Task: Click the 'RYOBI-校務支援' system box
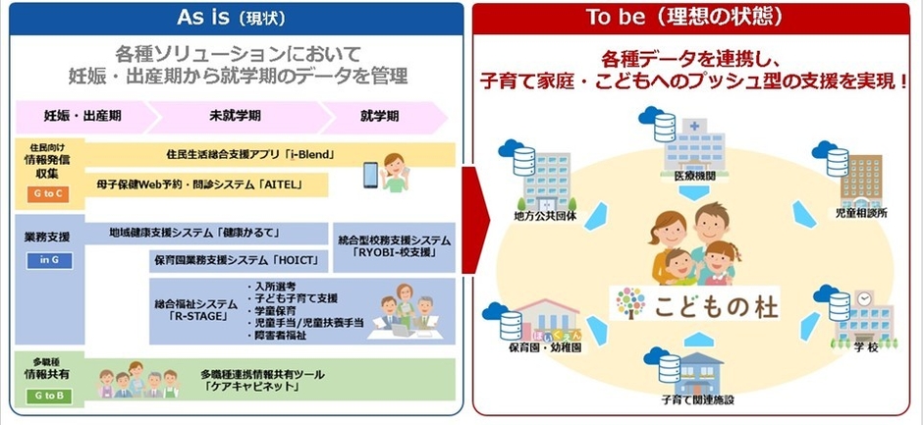click(393, 245)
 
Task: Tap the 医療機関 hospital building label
click(696, 176)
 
